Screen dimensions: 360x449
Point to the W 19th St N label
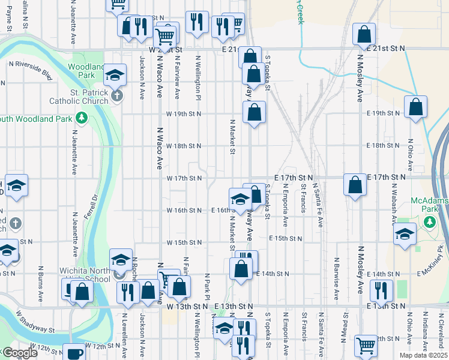tap(183, 113)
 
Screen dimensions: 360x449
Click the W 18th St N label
tap(183, 146)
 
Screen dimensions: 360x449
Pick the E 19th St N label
tap(384, 113)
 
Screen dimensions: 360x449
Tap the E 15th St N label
tap(285, 238)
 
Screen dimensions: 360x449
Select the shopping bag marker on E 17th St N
tap(355, 184)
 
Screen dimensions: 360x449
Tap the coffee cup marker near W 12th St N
tap(74, 353)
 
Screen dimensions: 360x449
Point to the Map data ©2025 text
tap(424, 355)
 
